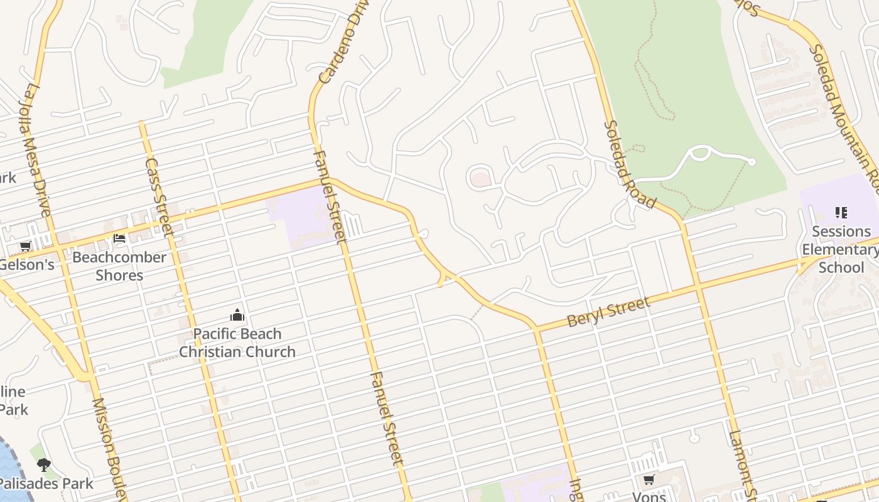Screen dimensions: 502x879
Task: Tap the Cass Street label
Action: tap(159, 196)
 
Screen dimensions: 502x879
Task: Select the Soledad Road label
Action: tap(630, 164)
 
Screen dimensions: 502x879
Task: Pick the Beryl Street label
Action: tap(608, 312)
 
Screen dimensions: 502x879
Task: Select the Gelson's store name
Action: tap(26, 264)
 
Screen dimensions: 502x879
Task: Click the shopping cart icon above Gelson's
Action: tap(25, 246)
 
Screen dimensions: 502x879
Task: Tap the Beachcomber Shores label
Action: tap(119, 266)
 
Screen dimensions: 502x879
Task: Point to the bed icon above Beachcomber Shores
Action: tap(119, 238)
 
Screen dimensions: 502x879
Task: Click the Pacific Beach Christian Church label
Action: tap(237, 343)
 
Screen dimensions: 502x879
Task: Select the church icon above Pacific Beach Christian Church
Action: tap(237, 314)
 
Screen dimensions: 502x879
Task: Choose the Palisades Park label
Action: tap(46, 483)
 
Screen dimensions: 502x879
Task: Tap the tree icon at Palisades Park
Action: tap(43, 465)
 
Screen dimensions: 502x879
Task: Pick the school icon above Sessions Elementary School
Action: tap(841, 213)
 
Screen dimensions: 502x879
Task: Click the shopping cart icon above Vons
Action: tap(649, 480)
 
